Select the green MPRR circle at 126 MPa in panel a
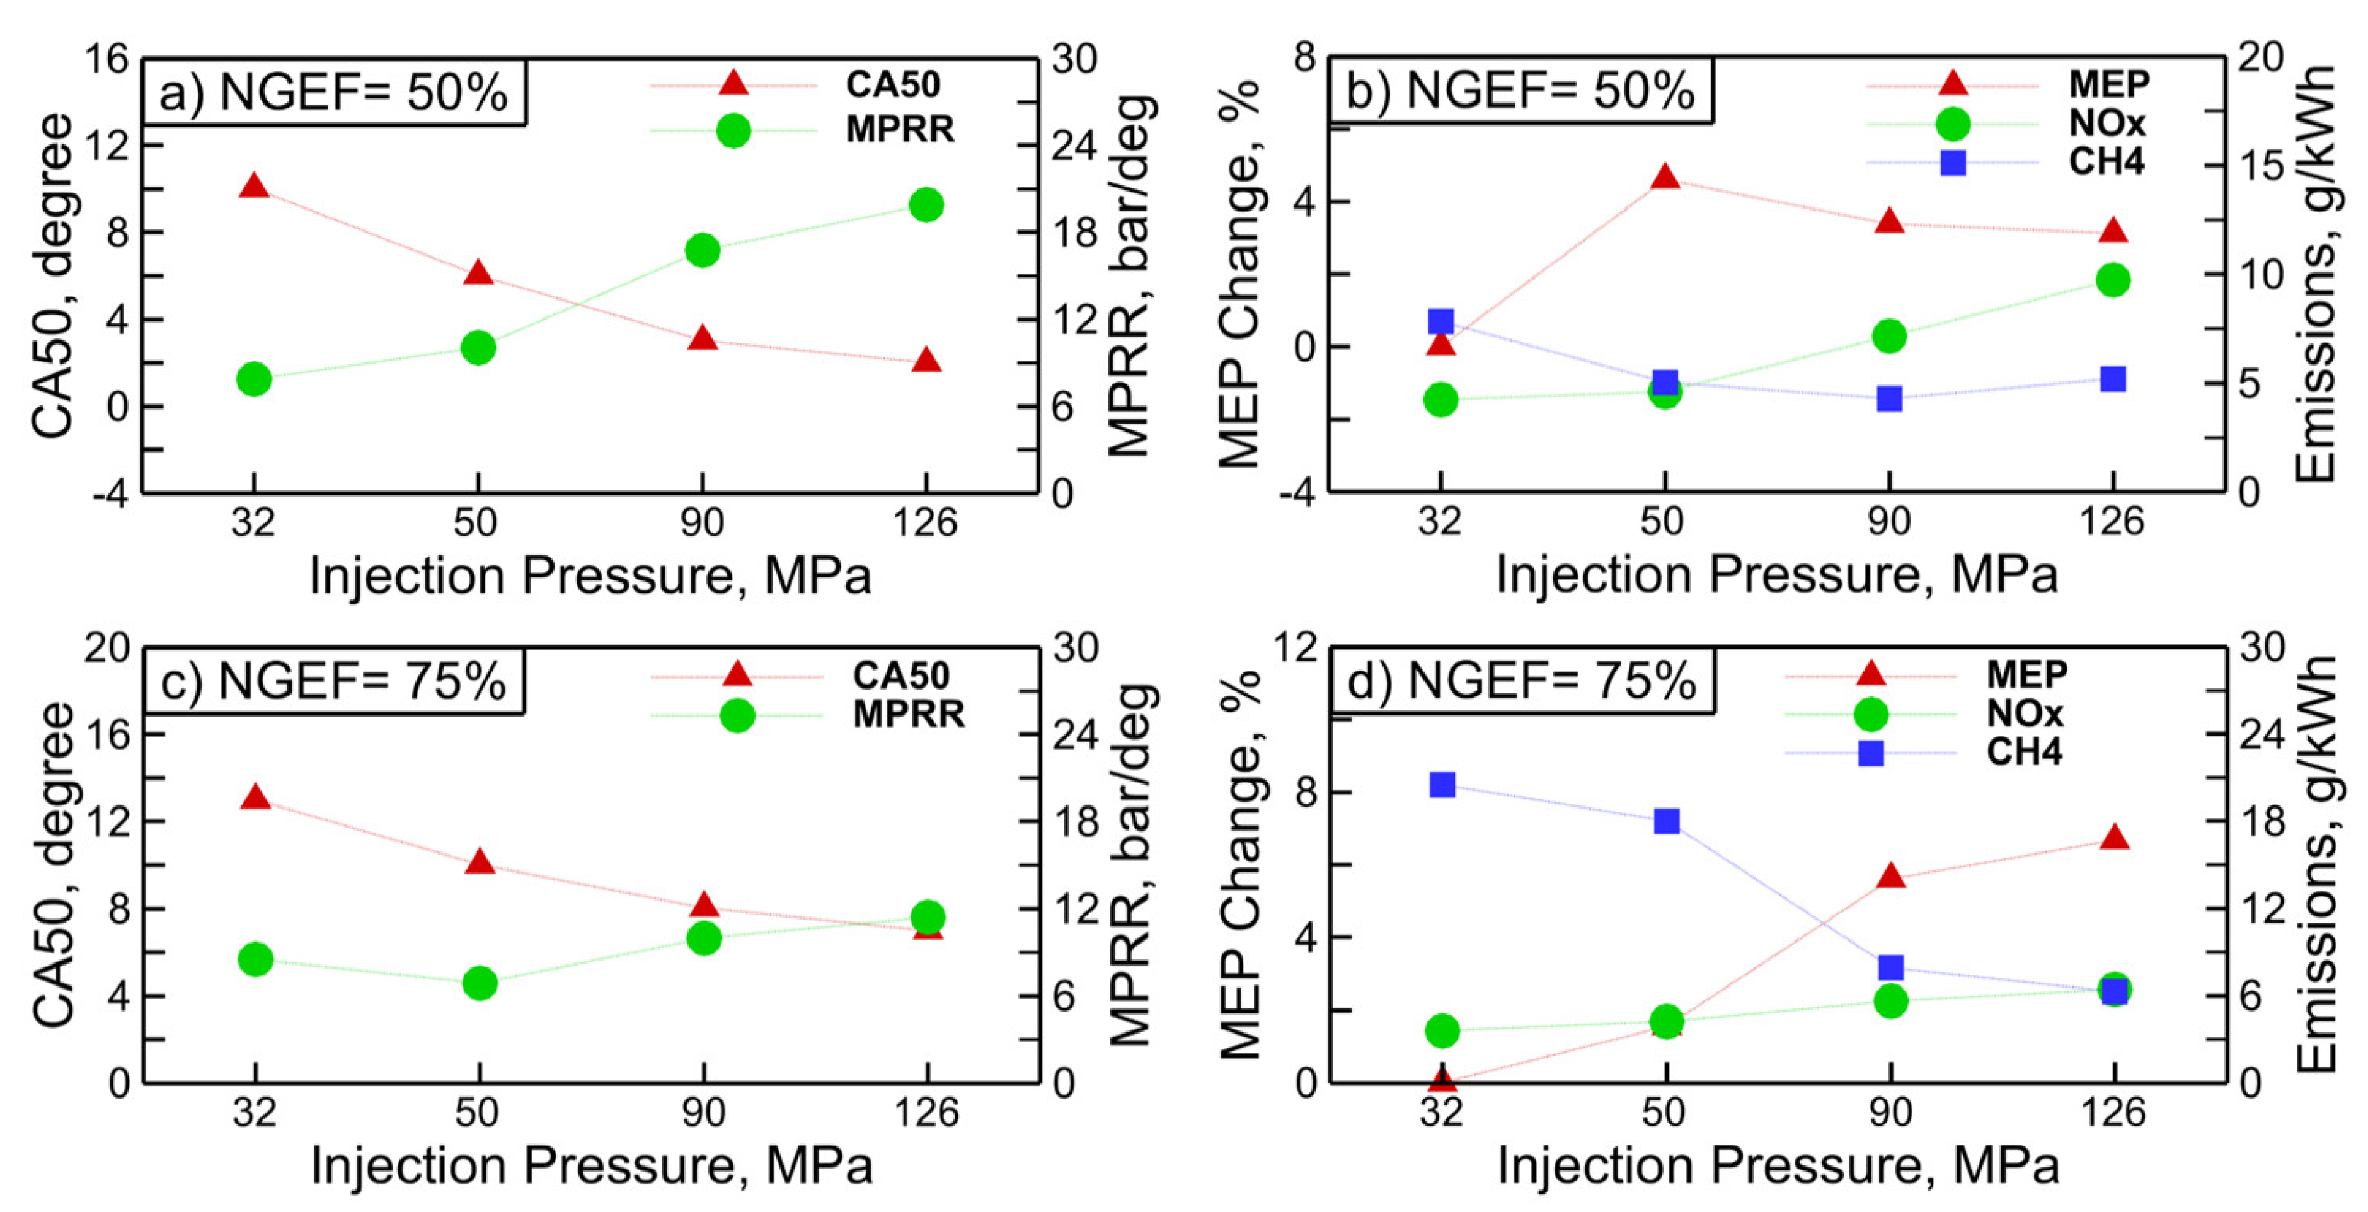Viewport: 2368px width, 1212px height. tap(926, 204)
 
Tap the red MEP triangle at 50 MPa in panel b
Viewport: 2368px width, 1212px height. tap(1665, 178)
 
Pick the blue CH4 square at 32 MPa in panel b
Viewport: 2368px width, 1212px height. tap(1440, 321)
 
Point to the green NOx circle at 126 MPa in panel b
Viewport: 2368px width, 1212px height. tap(2112, 280)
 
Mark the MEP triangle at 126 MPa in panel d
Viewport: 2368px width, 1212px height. tap(2114, 838)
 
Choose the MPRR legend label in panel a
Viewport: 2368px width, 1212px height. tap(900, 130)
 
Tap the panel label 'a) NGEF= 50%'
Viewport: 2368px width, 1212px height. tap(334, 93)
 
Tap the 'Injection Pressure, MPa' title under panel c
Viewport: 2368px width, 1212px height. tap(591, 1166)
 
